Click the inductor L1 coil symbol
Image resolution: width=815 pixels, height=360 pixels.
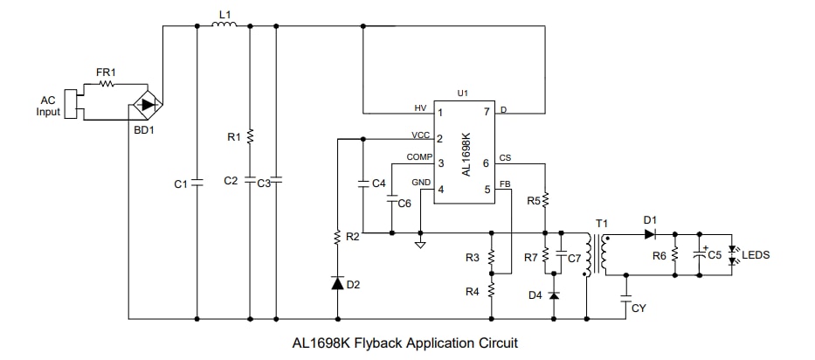[224, 25]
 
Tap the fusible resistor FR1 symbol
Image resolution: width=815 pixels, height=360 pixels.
[107, 85]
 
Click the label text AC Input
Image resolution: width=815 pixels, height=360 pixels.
[48, 106]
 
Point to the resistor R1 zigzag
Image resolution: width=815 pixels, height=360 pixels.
[250, 136]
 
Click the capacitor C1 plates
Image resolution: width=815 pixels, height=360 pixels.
[197, 183]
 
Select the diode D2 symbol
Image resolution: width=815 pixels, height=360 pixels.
[336, 284]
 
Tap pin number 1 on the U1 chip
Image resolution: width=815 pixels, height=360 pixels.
[441, 113]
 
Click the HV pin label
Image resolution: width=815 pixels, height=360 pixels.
[420, 108]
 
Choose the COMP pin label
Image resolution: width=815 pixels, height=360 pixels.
[419, 157]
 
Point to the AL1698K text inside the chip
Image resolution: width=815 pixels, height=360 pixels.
[466, 154]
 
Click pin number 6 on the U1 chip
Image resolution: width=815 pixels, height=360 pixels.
[486, 163]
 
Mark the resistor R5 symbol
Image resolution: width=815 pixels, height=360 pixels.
[545, 201]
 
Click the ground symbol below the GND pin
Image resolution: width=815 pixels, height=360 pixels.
[420, 243]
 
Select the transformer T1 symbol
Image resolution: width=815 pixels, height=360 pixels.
[595, 254]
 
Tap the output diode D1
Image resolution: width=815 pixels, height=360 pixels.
[650, 233]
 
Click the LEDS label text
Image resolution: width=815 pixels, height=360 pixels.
[756, 255]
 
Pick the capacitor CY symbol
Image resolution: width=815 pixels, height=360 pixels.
[626, 298]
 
